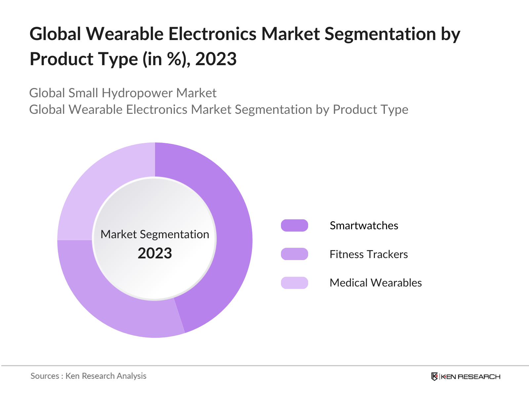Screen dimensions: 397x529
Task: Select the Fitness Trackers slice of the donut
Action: pos(109,304)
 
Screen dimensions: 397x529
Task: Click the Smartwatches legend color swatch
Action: pos(294,225)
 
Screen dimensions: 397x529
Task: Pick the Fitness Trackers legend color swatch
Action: pos(294,254)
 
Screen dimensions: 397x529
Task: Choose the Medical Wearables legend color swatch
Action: pos(294,283)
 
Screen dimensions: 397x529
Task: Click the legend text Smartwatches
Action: pos(364,226)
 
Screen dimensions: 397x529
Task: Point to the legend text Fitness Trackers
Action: pos(369,254)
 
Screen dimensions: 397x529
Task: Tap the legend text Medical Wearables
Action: pos(376,283)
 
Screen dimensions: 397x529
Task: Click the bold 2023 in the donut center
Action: pos(155,253)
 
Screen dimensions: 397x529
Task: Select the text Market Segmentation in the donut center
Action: pos(155,234)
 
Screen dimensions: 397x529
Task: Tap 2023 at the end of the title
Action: pos(216,59)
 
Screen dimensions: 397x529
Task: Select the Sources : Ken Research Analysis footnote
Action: pos(88,376)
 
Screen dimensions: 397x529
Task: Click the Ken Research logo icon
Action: pos(434,376)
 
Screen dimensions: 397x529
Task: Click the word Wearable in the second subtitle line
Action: pos(96,110)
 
